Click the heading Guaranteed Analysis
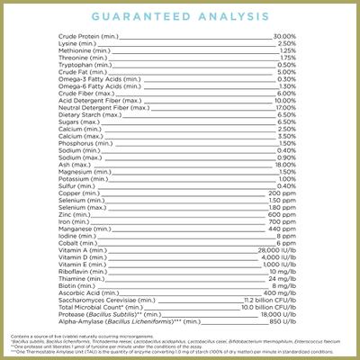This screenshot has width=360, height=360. tap(180, 16)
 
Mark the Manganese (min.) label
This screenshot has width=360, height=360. tap(74, 228)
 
